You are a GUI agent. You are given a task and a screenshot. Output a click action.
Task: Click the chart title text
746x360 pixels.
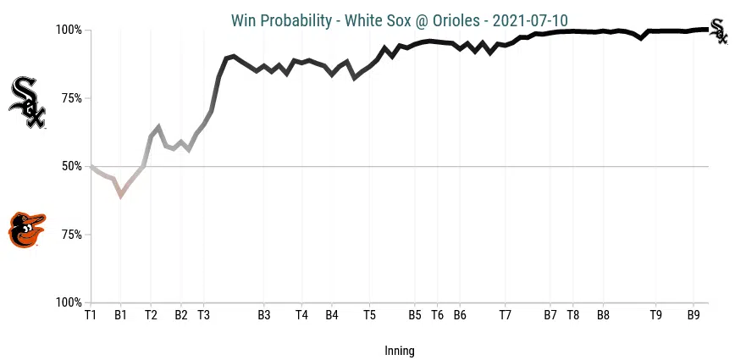400,19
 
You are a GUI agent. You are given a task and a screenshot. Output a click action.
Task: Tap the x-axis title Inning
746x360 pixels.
400,351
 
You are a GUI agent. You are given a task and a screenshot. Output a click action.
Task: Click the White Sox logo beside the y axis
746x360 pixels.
27,102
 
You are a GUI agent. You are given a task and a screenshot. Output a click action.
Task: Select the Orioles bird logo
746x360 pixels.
26,230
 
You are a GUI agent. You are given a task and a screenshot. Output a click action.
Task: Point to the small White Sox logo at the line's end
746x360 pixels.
718,30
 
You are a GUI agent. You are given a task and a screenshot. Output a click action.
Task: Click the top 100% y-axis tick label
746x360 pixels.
69,30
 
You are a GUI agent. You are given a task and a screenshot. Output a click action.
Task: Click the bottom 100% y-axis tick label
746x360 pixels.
69,302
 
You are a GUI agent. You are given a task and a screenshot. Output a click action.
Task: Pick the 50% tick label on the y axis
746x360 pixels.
71,166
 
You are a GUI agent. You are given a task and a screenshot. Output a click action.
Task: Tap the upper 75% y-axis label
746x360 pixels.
71,98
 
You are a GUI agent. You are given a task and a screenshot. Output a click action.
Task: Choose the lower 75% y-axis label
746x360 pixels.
71,235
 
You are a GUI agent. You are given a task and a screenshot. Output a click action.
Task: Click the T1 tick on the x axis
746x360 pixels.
91,315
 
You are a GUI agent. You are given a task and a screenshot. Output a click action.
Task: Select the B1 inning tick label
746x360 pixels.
120,315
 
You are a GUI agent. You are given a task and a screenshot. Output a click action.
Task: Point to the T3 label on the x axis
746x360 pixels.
203,315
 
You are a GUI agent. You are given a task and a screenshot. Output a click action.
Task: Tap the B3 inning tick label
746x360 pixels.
263,315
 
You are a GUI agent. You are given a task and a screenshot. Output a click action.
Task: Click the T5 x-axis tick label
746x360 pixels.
369,315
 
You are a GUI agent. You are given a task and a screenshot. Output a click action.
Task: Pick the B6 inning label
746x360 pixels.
460,315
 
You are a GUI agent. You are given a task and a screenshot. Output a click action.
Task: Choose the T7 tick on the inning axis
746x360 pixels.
505,315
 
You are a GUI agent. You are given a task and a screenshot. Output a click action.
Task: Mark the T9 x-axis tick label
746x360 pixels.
655,315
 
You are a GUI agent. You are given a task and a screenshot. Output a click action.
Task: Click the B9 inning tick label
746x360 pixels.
693,315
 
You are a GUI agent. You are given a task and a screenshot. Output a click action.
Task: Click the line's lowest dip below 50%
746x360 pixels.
121,195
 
